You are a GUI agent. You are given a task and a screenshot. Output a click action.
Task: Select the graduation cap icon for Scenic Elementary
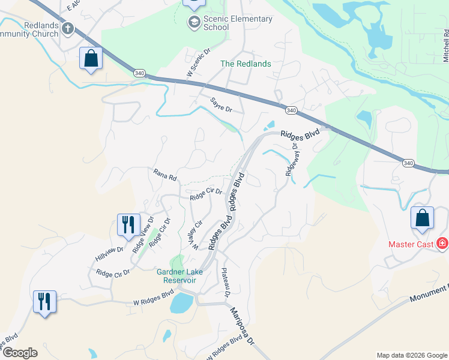pos(194,23)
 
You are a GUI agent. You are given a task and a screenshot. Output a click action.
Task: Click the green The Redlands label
pos(246,64)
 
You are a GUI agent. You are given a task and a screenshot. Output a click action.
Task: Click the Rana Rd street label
pos(164,175)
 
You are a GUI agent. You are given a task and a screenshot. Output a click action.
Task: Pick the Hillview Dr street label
pos(109,254)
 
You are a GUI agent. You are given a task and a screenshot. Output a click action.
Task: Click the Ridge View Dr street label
pos(143,234)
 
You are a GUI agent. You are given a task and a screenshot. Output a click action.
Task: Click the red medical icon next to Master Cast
pos(442,244)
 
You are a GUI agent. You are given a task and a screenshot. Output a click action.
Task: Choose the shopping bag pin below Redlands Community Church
pos(91,59)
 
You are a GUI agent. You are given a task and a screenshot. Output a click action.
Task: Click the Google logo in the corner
pos(20,353)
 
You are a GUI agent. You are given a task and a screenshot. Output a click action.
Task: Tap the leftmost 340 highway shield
pos(139,73)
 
